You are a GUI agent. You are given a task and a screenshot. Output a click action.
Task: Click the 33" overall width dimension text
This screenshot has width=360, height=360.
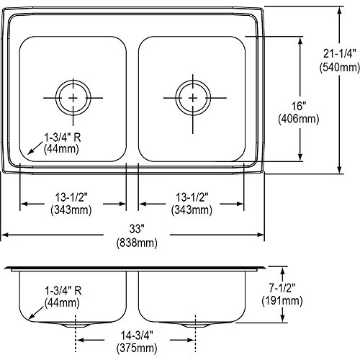[137, 229]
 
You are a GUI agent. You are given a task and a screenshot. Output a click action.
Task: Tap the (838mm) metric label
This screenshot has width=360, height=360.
[137, 243]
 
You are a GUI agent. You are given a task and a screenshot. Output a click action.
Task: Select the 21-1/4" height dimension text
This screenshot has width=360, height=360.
[339, 53]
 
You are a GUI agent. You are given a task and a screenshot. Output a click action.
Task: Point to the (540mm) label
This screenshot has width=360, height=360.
[339, 67]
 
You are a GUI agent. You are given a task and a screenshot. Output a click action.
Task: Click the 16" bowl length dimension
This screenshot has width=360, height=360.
[299, 106]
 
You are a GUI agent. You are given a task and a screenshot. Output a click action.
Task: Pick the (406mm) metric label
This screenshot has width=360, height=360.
[299, 119]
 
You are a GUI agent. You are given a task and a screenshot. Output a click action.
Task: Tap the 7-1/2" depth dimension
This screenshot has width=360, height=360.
[282, 288]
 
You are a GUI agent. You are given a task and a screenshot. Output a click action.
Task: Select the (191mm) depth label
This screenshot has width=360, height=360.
[282, 301]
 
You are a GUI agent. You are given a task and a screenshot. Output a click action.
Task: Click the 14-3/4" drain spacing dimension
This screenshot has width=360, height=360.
[137, 336]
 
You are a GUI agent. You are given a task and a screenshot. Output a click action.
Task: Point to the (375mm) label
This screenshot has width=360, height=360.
[137, 348]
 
